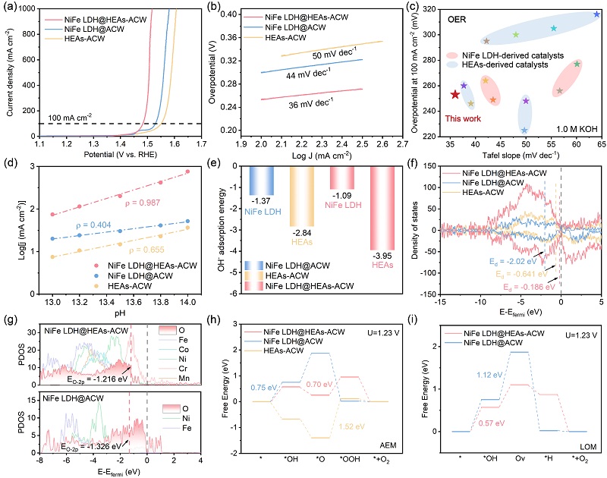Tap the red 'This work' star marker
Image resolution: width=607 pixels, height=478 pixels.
coord(455,94)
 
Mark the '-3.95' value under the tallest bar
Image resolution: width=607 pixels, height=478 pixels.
coord(382,255)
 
